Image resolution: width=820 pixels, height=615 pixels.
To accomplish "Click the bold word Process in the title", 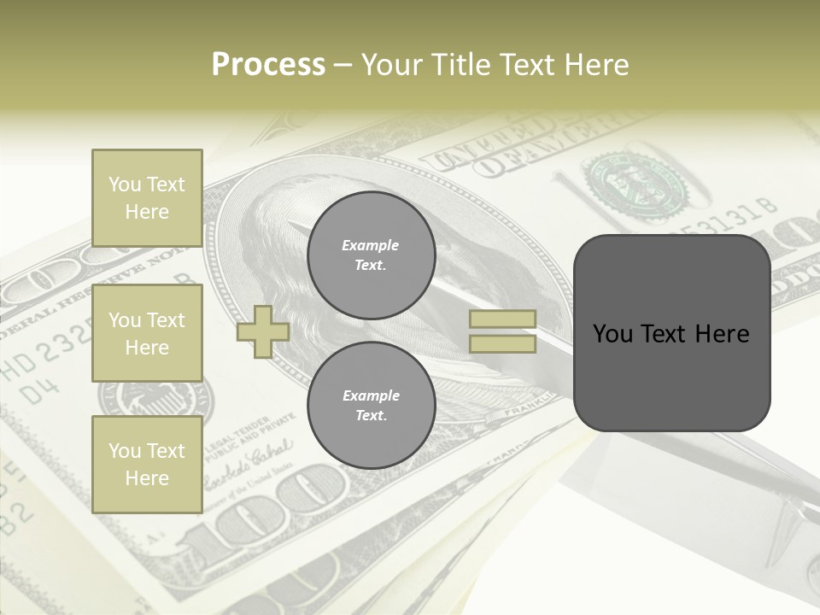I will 268,65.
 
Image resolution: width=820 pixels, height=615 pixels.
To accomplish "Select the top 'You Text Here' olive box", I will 147,198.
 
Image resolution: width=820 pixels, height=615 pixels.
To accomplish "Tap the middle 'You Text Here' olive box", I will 147,333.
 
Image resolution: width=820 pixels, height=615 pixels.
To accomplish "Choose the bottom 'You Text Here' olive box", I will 147,464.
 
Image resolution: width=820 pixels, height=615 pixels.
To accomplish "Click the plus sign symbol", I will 263,332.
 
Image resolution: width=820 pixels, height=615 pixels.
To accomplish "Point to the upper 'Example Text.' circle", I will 371,255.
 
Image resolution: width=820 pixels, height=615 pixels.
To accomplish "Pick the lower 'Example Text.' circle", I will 371,406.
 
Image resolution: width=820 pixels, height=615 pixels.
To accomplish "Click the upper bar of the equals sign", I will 502,319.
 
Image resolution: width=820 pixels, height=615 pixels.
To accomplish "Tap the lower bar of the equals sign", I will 502,344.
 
